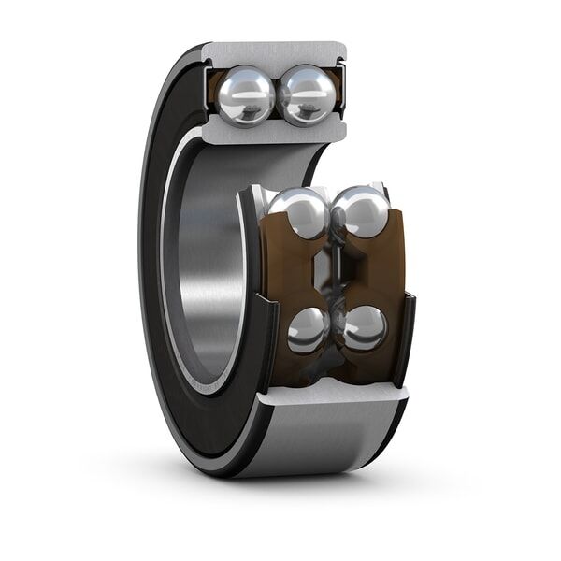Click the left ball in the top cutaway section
tap(246, 94)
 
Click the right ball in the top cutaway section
tap(308, 94)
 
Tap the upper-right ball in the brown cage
tap(361, 210)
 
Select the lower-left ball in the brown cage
tap(308, 329)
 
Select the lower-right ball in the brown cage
tap(364, 327)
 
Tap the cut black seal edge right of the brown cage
tap(407, 337)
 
